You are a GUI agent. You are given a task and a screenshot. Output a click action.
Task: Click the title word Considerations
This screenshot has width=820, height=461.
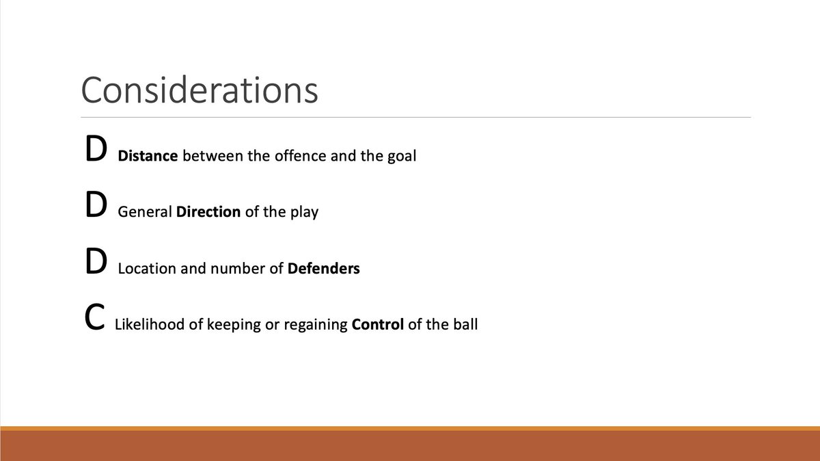200,90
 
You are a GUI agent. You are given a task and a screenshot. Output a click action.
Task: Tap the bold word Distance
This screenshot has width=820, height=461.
148,156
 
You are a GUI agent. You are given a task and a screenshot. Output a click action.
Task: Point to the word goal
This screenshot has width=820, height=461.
402,157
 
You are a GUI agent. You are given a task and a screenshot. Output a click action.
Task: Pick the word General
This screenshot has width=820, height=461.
145,212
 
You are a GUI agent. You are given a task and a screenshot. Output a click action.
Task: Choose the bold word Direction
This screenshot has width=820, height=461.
208,212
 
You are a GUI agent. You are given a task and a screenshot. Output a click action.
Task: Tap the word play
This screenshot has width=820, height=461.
304,213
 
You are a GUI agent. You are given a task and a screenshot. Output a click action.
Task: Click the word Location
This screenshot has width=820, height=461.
147,268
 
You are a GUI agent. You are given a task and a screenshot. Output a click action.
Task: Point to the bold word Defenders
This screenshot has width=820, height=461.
324,268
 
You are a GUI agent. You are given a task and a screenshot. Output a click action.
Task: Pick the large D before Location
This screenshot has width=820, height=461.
95,263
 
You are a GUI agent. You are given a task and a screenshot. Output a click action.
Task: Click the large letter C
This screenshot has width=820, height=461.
94,319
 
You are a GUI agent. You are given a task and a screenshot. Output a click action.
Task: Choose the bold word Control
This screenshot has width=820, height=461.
377,324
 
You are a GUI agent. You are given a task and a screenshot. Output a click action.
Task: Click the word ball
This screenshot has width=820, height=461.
465,324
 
